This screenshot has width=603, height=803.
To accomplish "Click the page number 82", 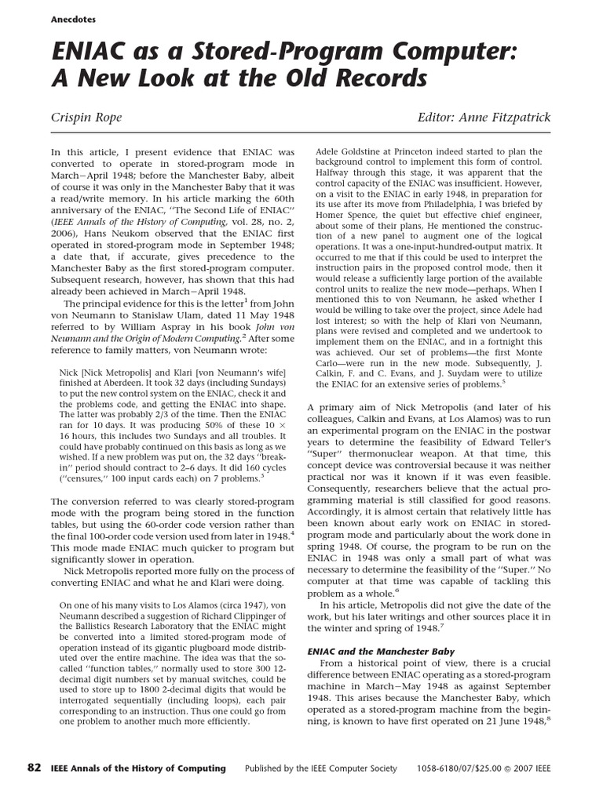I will point(34,768).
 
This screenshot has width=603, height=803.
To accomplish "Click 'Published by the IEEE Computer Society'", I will point(321,768).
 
